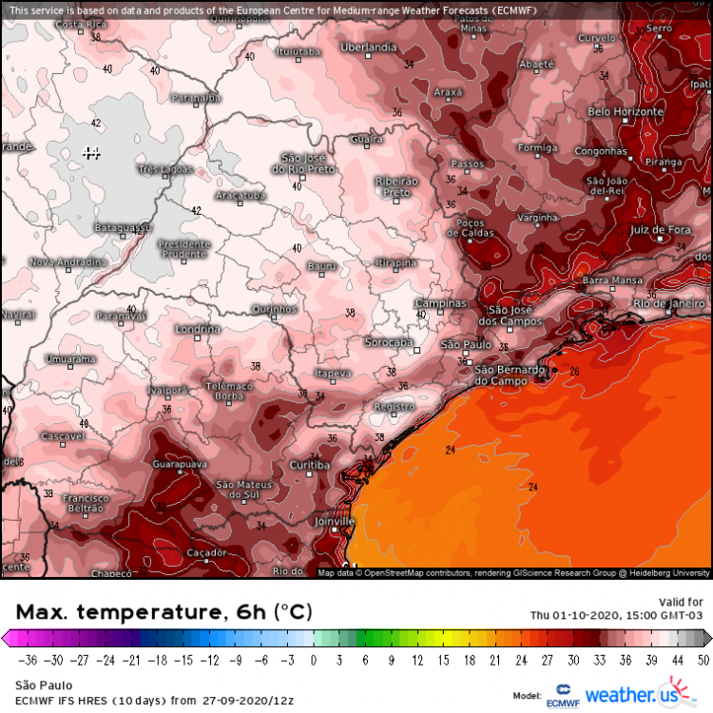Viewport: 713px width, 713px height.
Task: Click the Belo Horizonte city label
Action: (x=625, y=112)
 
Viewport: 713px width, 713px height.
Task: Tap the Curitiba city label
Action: (x=309, y=465)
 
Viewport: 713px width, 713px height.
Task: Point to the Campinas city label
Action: (x=441, y=303)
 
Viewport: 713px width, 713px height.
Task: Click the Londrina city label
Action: (x=198, y=329)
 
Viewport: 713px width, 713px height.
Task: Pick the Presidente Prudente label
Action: (x=183, y=249)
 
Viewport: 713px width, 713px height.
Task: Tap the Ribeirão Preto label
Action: (x=397, y=186)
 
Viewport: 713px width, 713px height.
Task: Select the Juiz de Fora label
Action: (x=659, y=230)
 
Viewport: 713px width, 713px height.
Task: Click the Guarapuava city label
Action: (x=179, y=464)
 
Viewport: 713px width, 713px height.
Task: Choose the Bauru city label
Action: (x=322, y=265)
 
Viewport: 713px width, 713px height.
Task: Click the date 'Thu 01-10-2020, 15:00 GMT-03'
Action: (x=616, y=614)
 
